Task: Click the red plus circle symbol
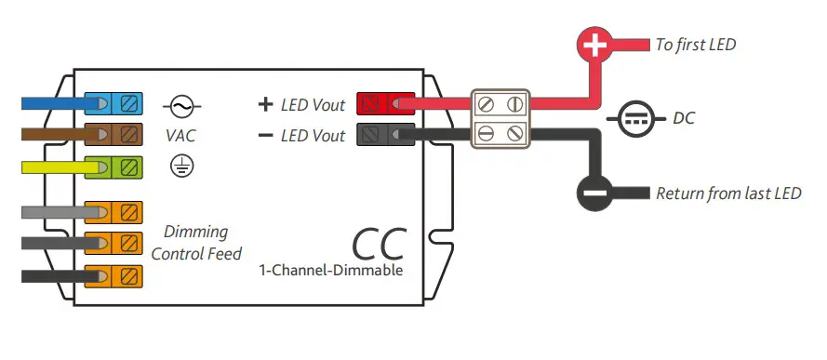point(595,45)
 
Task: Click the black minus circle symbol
point(595,193)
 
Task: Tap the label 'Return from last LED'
point(728,193)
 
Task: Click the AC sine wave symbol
point(181,105)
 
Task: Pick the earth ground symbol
point(181,166)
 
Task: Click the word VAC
point(181,135)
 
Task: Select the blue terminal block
point(113,103)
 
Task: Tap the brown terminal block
point(113,134)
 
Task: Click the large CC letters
point(379,242)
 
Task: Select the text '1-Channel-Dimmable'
point(332,271)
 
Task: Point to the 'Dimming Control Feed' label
point(195,242)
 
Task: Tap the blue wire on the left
point(51,103)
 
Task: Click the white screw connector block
point(500,119)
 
